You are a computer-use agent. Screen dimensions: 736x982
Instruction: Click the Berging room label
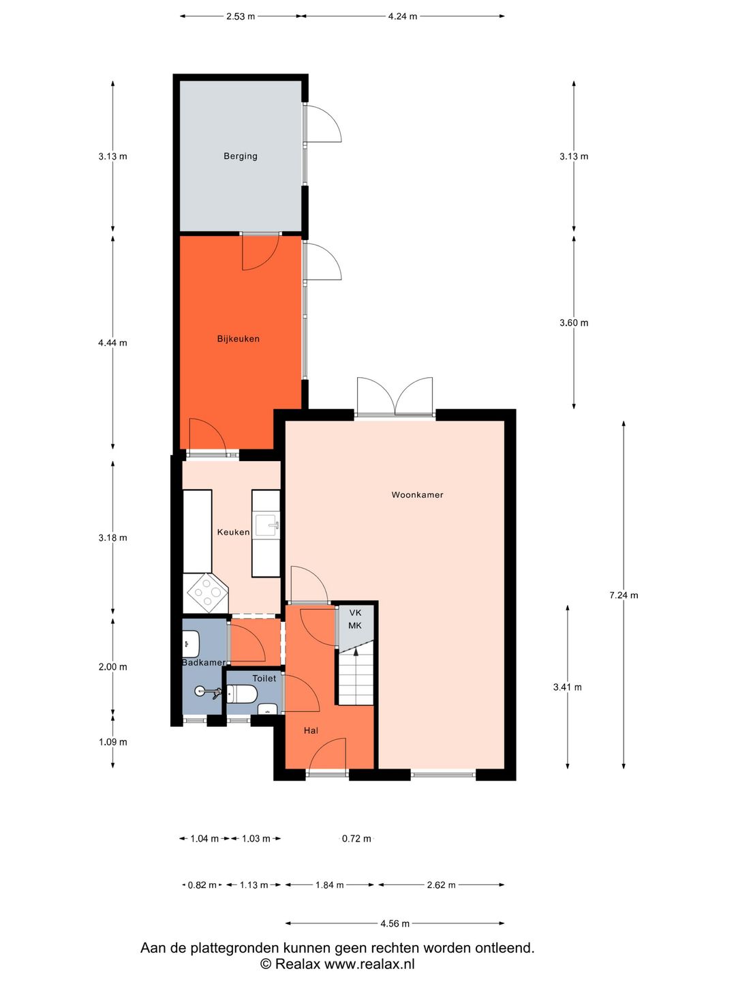(241, 156)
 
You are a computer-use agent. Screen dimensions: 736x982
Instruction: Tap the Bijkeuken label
(239, 339)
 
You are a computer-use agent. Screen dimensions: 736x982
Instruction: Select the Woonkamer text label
(417, 494)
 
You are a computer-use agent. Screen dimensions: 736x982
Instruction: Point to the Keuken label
(233, 532)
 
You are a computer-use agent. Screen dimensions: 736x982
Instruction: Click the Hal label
(311, 730)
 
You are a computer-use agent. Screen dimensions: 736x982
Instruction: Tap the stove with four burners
(207, 593)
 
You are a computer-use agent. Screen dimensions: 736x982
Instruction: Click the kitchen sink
(266, 524)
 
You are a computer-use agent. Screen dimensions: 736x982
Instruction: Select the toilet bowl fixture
(242, 695)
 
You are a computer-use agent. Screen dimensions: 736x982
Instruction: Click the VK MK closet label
(355, 619)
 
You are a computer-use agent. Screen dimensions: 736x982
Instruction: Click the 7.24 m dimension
(624, 595)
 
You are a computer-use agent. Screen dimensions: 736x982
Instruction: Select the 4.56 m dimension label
(395, 923)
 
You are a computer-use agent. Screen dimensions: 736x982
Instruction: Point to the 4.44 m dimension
(112, 343)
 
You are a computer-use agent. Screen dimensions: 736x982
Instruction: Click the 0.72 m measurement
(356, 838)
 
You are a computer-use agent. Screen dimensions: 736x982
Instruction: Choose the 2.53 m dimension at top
(241, 16)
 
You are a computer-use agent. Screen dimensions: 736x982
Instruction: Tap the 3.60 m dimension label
(574, 323)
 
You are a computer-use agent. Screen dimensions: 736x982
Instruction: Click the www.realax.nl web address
(369, 964)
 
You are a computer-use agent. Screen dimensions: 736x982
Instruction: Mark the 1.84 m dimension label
(329, 885)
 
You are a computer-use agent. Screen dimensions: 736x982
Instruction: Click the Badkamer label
(204, 663)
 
